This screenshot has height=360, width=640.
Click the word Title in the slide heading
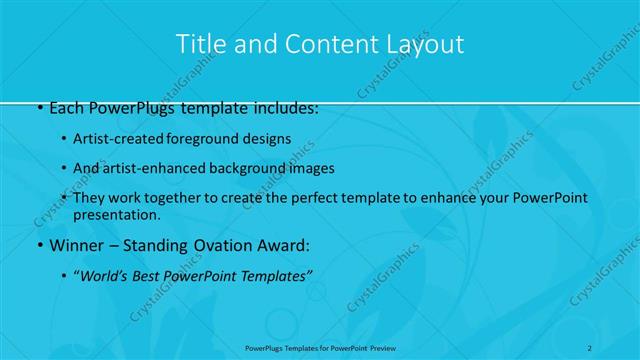[x=198, y=44]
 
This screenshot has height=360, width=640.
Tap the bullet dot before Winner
[x=38, y=245]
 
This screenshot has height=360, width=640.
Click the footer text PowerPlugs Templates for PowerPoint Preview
[x=320, y=347]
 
